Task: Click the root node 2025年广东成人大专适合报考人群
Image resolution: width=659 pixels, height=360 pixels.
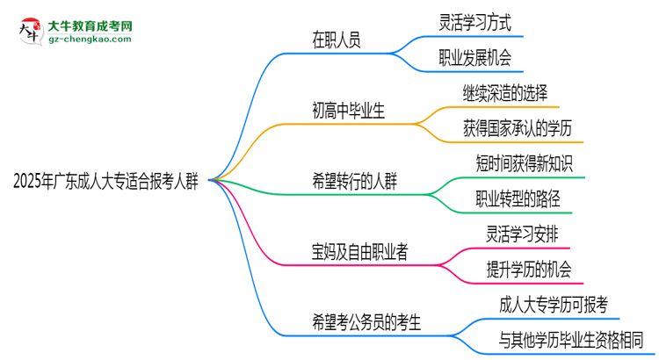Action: [106, 182]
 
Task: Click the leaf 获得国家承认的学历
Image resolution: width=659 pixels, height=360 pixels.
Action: [518, 128]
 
